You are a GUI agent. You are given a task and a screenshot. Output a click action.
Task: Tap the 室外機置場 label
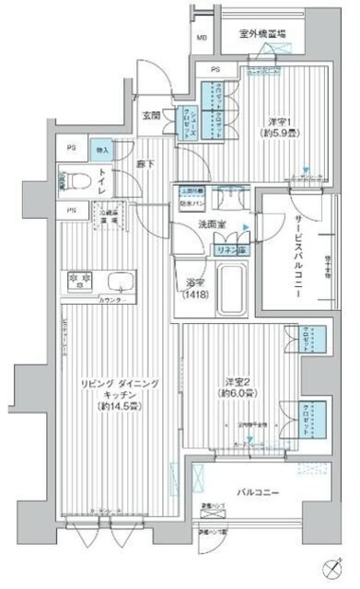[261, 34]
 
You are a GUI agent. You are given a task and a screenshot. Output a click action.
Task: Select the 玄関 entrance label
[152, 115]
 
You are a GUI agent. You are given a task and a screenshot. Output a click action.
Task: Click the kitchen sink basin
[119, 283]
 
